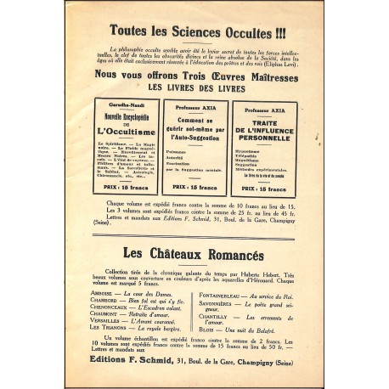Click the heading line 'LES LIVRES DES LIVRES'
point(194,87)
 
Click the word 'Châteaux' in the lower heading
point(166,252)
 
